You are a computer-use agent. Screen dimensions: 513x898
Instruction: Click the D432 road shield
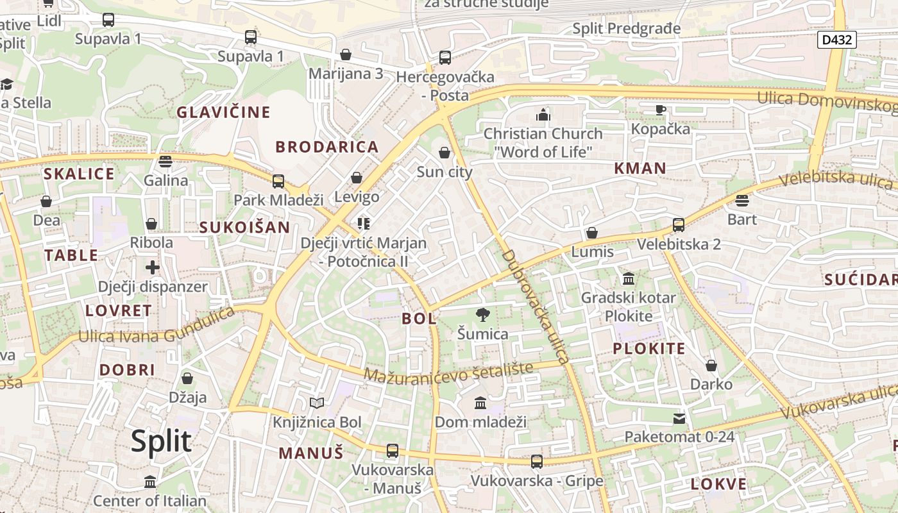pos(838,40)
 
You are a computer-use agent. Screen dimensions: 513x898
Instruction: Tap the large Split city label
pos(161,441)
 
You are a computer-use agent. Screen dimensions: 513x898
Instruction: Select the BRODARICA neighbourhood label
pos(327,147)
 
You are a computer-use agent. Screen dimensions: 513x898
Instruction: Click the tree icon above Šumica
pos(482,315)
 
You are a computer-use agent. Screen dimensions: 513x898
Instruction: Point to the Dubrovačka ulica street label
pos(534,307)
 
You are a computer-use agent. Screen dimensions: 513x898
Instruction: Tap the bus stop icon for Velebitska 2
pos(678,225)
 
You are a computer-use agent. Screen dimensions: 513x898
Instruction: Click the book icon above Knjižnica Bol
pos(317,403)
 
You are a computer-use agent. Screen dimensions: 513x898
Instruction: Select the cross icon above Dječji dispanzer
pos(152,267)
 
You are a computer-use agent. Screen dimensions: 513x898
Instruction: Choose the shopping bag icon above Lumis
pos(591,233)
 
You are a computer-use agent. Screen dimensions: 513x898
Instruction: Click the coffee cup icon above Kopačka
pos(661,110)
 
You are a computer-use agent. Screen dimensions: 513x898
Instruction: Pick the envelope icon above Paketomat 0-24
pos(679,419)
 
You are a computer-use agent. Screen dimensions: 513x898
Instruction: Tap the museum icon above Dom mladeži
pos(480,403)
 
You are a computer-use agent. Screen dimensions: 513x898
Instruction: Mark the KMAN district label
pos(640,169)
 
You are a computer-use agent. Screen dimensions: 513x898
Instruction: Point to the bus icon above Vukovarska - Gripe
pos(537,462)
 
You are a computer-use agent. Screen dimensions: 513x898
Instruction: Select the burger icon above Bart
pos(742,201)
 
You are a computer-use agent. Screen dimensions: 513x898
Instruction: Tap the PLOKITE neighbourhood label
pos(649,349)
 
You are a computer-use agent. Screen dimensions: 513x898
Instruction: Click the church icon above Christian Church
pos(543,115)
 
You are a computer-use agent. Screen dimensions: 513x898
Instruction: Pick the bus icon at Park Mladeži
pos(278,181)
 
